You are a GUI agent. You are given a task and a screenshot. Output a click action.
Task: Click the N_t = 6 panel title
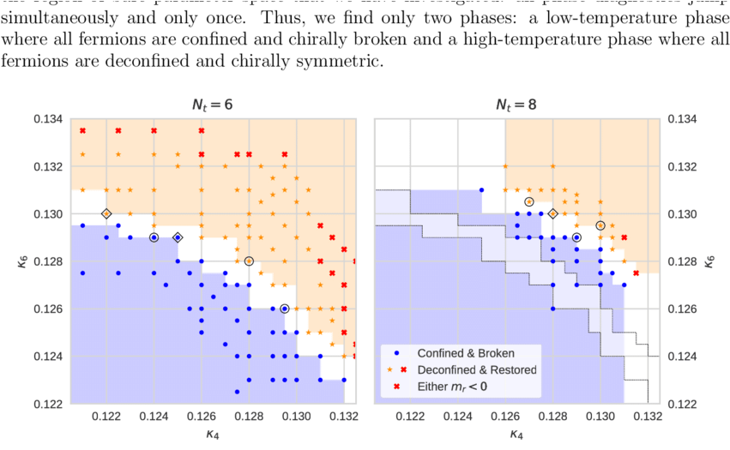[212, 105]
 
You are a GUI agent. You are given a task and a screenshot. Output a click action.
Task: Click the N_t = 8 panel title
[517, 105]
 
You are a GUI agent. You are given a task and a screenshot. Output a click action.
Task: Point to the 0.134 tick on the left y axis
[49, 118]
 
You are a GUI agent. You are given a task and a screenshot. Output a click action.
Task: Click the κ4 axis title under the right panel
[517, 435]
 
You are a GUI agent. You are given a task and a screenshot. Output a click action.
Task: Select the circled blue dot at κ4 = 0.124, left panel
[154, 237]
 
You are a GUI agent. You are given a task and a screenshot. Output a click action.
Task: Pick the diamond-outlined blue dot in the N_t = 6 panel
[178, 237]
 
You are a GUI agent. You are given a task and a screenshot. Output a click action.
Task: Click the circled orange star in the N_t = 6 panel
[249, 261]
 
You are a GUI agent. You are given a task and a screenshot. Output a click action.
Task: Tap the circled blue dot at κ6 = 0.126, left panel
[285, 309]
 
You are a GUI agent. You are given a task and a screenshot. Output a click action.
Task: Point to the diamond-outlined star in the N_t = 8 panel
[553, 213]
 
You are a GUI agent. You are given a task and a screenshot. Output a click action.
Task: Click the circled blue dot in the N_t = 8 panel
[576, 237]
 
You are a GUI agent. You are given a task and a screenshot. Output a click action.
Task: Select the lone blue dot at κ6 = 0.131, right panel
[481, 189]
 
